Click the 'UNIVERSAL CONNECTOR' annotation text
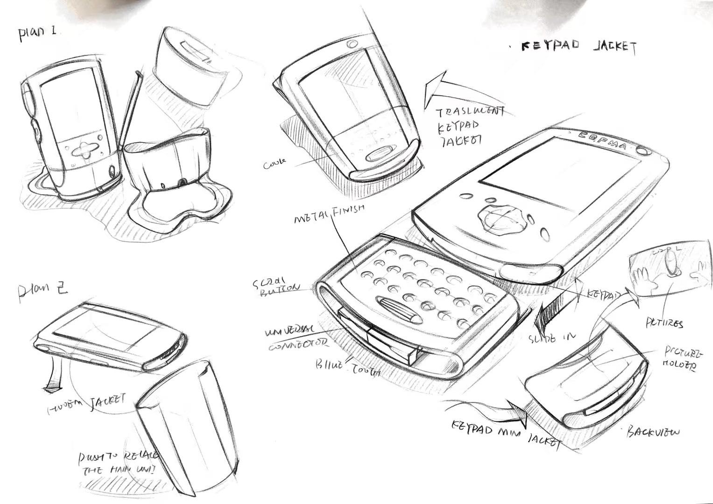click(296, 338)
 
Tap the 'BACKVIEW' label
click(653, 432)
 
